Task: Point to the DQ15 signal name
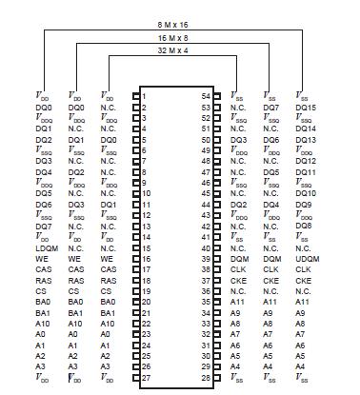pyautogui.click(x=306, y=108)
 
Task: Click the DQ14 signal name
pyautogui.click(x=306, y=128)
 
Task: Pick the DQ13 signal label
pyautogui.click(x=306, y=139)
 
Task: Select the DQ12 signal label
pyautogui.click(x=306, y=161)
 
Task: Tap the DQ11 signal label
pyautogui.click(x=306, y=172)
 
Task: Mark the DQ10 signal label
pyautogui.click(x=306, y=193)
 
